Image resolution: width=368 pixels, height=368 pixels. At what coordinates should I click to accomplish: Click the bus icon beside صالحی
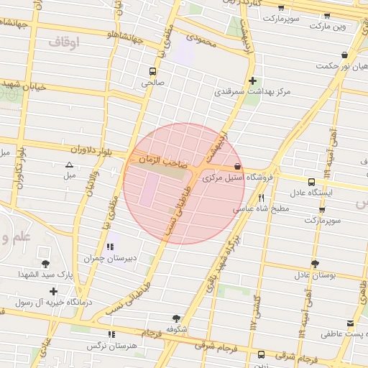pos(152,71)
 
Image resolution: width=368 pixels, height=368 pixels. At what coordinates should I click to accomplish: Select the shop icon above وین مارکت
pos(327,16)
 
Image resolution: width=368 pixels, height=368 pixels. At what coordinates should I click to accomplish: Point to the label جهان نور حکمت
pos(336,66)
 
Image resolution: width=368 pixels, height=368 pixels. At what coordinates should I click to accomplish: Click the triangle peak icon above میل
pos(69,165)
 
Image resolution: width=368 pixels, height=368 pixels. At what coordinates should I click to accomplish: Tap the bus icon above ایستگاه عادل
pos(310,182)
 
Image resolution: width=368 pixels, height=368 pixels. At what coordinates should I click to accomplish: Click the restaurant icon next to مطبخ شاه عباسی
pos(261,197)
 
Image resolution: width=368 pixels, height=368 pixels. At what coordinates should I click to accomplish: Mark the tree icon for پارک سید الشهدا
pos(46,264)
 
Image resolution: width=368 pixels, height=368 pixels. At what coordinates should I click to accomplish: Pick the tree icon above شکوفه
pos(176,318)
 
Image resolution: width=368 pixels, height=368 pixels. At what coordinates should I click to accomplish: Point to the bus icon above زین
pos(260,354)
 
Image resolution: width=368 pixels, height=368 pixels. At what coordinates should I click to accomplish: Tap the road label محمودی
pos(200,40)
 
